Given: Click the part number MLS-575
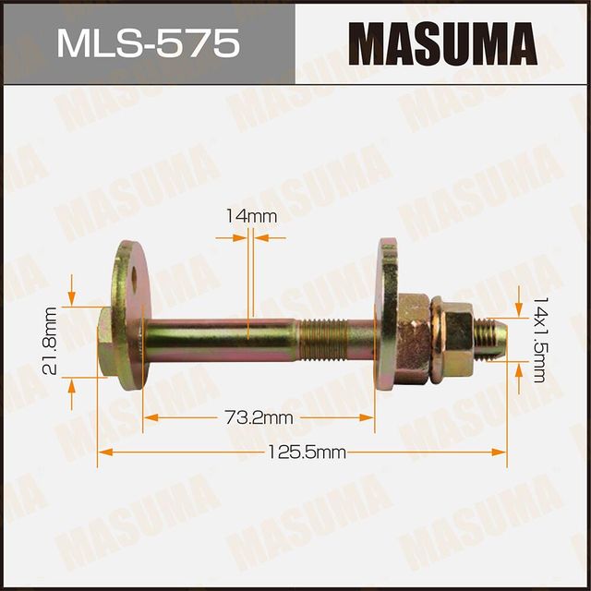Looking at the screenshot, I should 147,43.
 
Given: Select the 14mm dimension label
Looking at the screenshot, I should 251,216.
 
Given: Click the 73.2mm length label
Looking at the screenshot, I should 259,417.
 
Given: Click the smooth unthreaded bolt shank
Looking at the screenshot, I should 222,330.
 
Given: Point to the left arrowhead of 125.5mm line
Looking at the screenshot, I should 102,452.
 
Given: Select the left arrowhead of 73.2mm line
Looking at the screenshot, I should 148,417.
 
